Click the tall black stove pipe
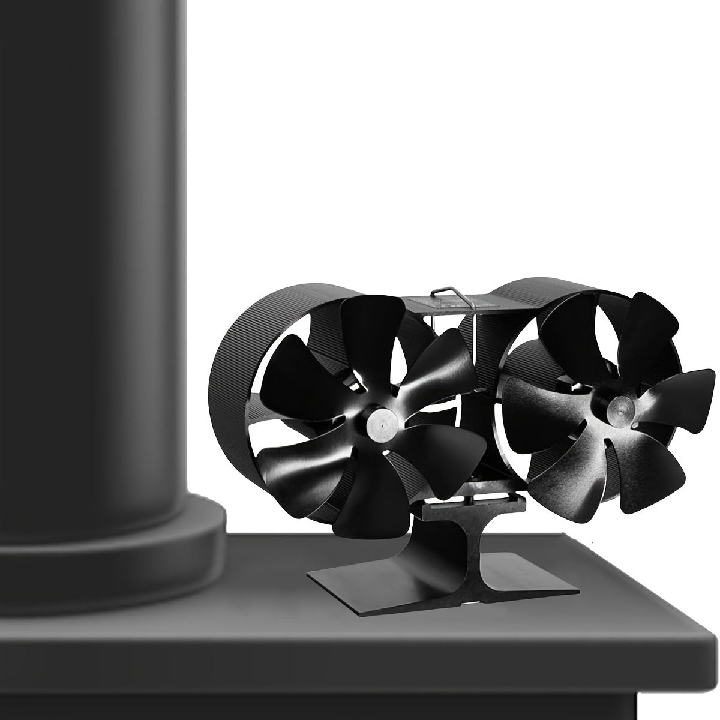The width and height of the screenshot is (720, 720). point(90,240)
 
